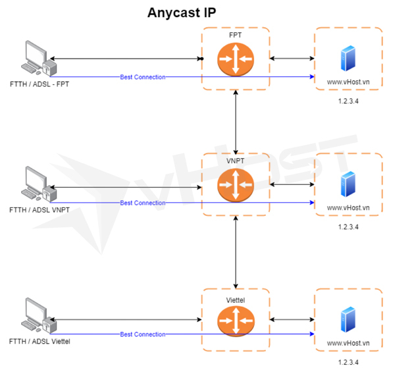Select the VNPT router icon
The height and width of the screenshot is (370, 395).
tap(236, 186)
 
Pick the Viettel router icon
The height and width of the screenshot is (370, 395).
tap(236, 320)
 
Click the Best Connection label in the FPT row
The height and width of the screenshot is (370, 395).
tap(143, 77)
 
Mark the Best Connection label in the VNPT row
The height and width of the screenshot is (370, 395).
tap(143, 203)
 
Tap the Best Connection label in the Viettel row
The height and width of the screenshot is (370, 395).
tap(143, 334)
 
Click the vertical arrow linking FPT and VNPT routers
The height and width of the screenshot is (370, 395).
tap(236, 122)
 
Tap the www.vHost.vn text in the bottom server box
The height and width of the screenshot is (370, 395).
tap(348, 343)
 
